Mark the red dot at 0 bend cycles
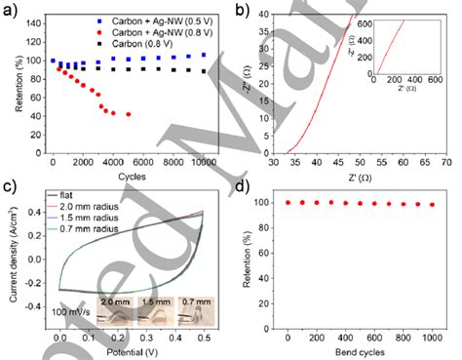[289, 202]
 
